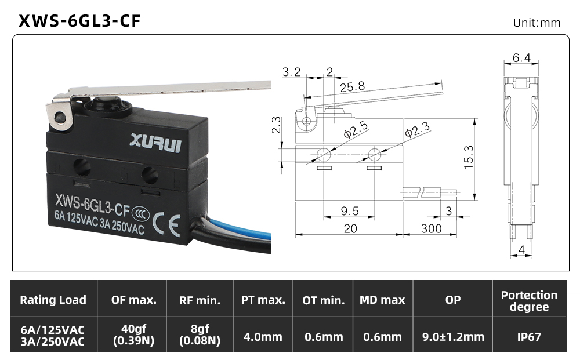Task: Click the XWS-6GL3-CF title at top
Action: coord(79,21)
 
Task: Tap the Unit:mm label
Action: coord(536,23)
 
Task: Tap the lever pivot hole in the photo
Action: coord(60,118)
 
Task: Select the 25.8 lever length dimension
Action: coord(352,87)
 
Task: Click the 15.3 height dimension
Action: coord(468,157)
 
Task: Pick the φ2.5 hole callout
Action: coord(356,129)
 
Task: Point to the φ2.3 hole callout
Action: coord(417,130)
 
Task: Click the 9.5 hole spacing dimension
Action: coord(350,211)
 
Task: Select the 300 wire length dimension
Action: coord(431,228)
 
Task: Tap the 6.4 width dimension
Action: coord(521,57)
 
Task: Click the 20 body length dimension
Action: coord(350,229)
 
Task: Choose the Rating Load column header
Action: coord(53,300)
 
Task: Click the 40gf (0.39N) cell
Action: coord(133,334)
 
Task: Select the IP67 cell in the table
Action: coord(529,337)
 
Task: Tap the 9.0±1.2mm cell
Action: coord(453,337)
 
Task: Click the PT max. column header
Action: coord(263,300)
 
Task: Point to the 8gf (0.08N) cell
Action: coord(200,334)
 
